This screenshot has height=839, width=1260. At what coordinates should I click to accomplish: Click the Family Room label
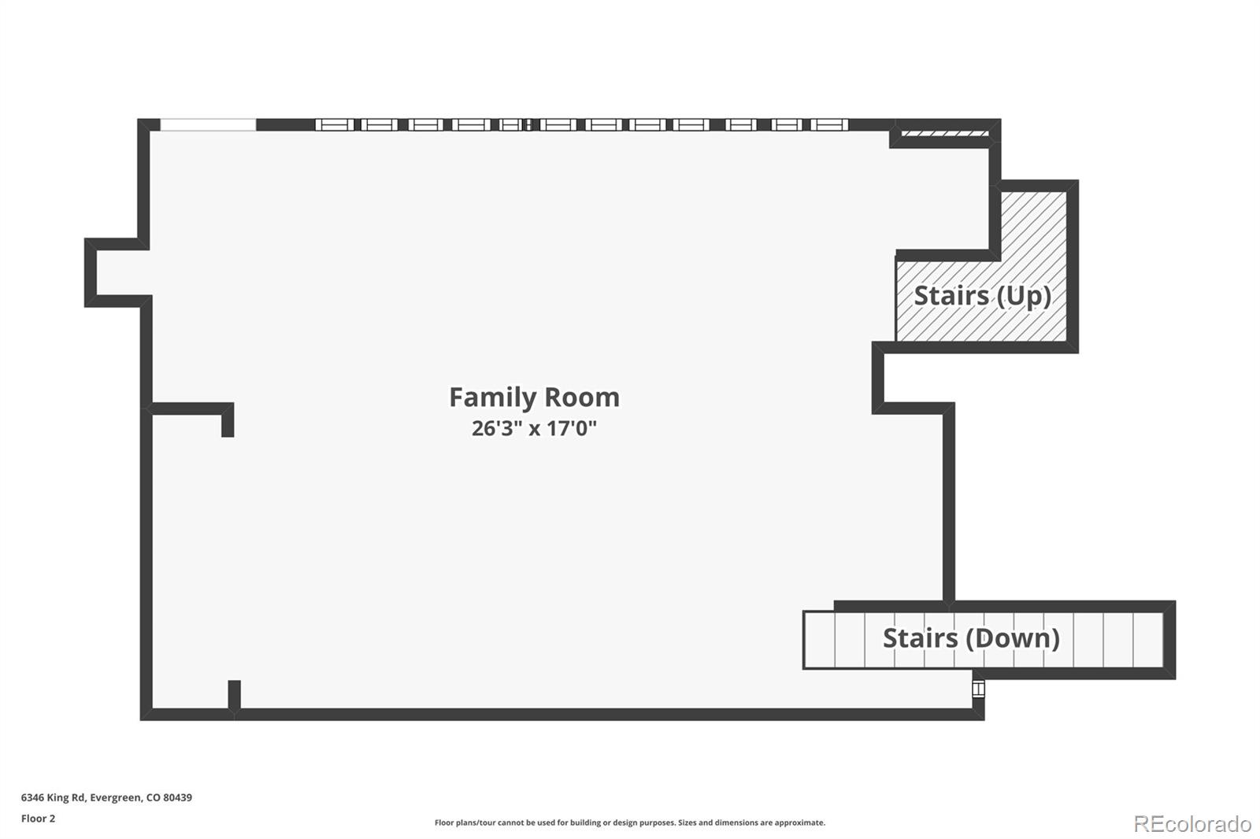pyautogui.click(x=535, y=397)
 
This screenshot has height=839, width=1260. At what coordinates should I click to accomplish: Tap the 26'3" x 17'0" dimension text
pyautogui.click(x=534, y=428)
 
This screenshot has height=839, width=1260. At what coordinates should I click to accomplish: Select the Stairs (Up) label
pyautogui.click(x=982, y=297)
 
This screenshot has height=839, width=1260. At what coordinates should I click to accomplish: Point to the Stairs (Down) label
pyautogui.click(x=972, y=638)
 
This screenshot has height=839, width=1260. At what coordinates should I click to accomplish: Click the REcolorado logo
pyautogui.click(x=1192, y=824)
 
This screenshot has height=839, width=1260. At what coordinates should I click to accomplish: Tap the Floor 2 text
pyautogui.click(x=39, y=819)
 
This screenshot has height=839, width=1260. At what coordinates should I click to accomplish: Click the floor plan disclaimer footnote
pyautogui.click(x=630, y=822)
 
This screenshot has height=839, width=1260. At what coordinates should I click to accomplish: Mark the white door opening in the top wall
pyautogui.click(x=208, y=125)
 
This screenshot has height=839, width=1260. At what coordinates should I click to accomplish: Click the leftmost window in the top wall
pyautogui.click(x=335, y=125)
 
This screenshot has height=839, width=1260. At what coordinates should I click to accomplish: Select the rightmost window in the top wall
pyautogui.click(x=829, y=125)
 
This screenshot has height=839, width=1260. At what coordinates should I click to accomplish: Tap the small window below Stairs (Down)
pyautogui.click(x=979, y=689)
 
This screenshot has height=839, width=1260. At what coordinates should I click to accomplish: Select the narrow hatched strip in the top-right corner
pyautogui.click(x=945, y=134)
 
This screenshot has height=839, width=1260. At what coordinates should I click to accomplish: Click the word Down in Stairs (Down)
pyautogui.click(x=1013, y=638)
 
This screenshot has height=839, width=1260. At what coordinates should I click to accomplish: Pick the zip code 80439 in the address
pyautogui.click(x=178, y=797)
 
